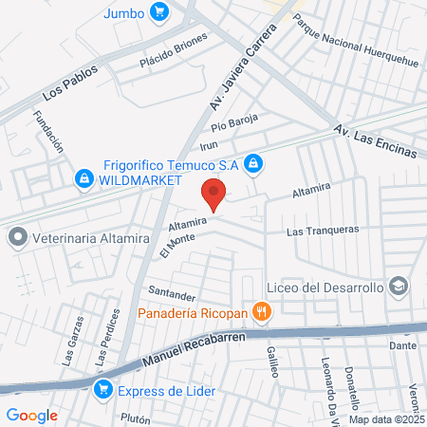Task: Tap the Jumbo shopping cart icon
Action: click(159, 12)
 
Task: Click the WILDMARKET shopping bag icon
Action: click(84, 177)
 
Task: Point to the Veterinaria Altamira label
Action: click(91, 238)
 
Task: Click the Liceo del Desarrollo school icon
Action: click(399, 287)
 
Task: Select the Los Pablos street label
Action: click(70, 84)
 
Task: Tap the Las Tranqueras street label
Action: click(322, 230)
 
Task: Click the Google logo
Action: click(31, 415)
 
